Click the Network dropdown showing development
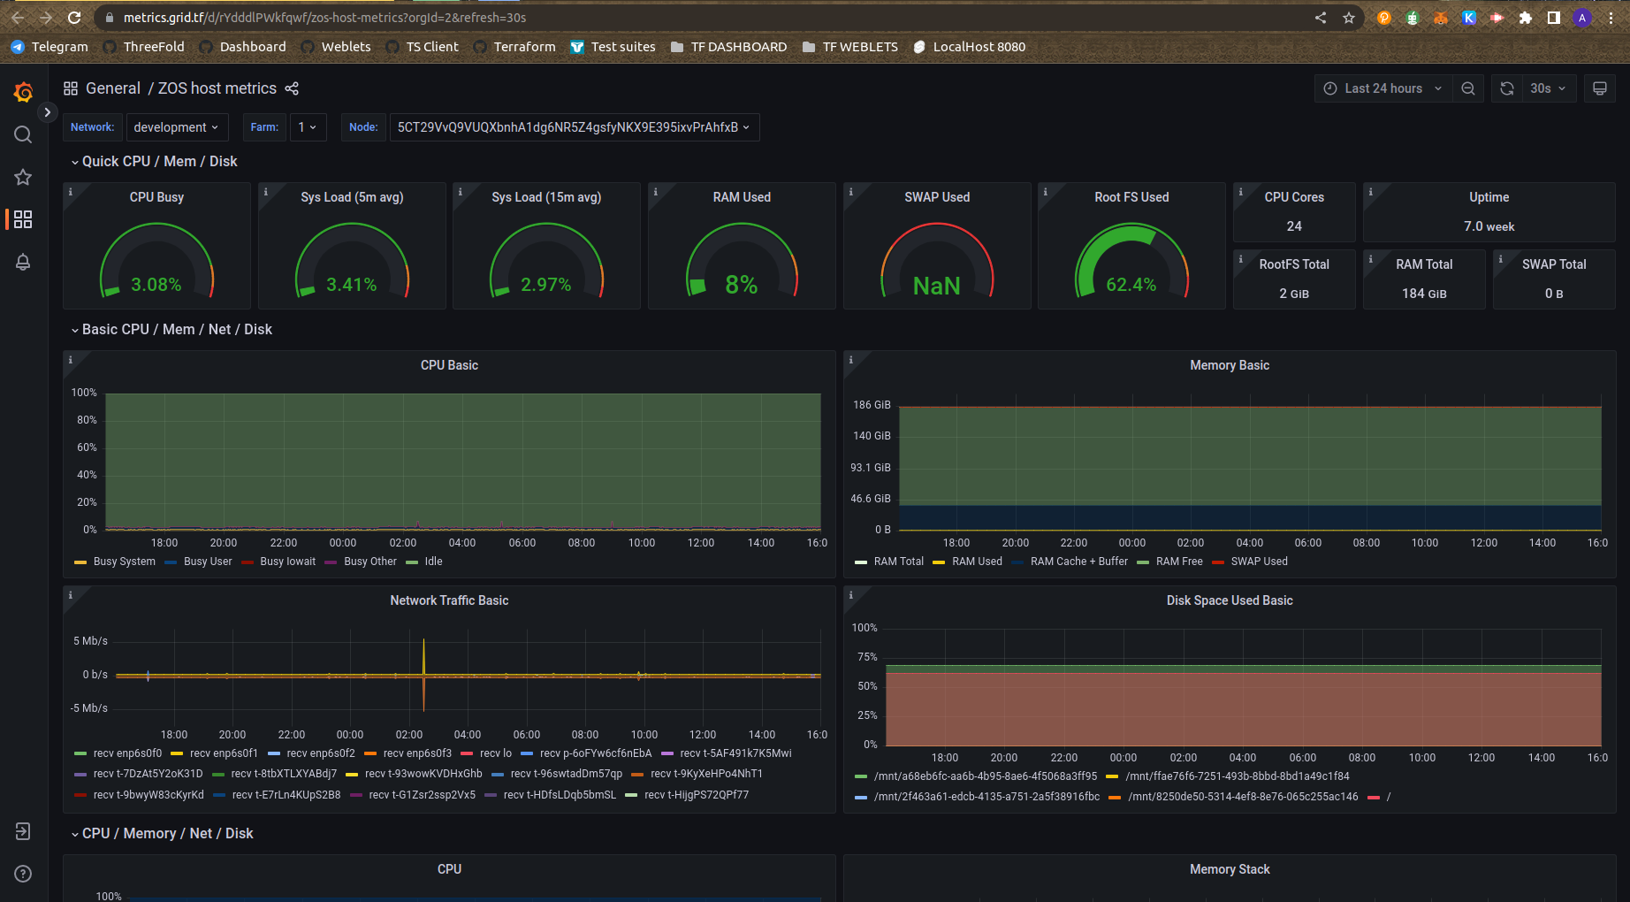(x=177, y=127)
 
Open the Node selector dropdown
(x=574, y=127)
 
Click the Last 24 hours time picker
(x=1384, y=88)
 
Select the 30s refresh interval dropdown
(x=1548, y=88)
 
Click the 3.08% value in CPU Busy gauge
(x=156, y=285)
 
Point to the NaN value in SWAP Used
(x=936, y=286)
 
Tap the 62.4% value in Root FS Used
(x=1131, y=285)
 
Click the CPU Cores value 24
(x=1294, y=226)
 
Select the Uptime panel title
(x=1489, y=197)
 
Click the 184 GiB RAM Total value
(x=1424, y=294)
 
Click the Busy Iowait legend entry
(x=287, y=562)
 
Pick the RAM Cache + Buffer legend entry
(x=1078, y=562)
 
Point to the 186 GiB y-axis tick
(x=872, y=405)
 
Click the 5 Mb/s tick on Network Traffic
(x=90, y=641)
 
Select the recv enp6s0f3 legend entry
(x=417, y=753)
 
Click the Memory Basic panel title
(x=1229, y=365)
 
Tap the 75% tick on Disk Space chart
(x=867, y=657)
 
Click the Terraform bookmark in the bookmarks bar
(x=524, y=47)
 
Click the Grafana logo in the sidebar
(x=24, y=92)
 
